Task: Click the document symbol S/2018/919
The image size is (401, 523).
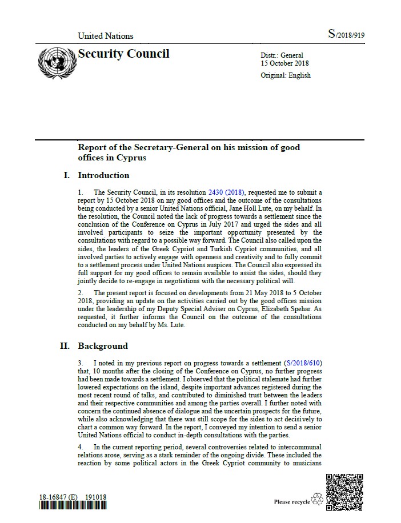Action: pos(346,35)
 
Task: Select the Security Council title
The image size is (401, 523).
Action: pos(123,54)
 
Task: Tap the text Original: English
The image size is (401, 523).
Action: pos(286,75)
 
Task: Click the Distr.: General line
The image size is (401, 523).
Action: pos(282,55)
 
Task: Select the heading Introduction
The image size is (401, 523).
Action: pos(103,175)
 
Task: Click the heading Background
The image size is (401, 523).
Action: pos(103,346)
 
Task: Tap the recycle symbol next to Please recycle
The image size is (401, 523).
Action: pos(318,501)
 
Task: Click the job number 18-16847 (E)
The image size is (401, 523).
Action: pos(58,497)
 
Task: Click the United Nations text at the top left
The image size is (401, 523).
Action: pos(105,35)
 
